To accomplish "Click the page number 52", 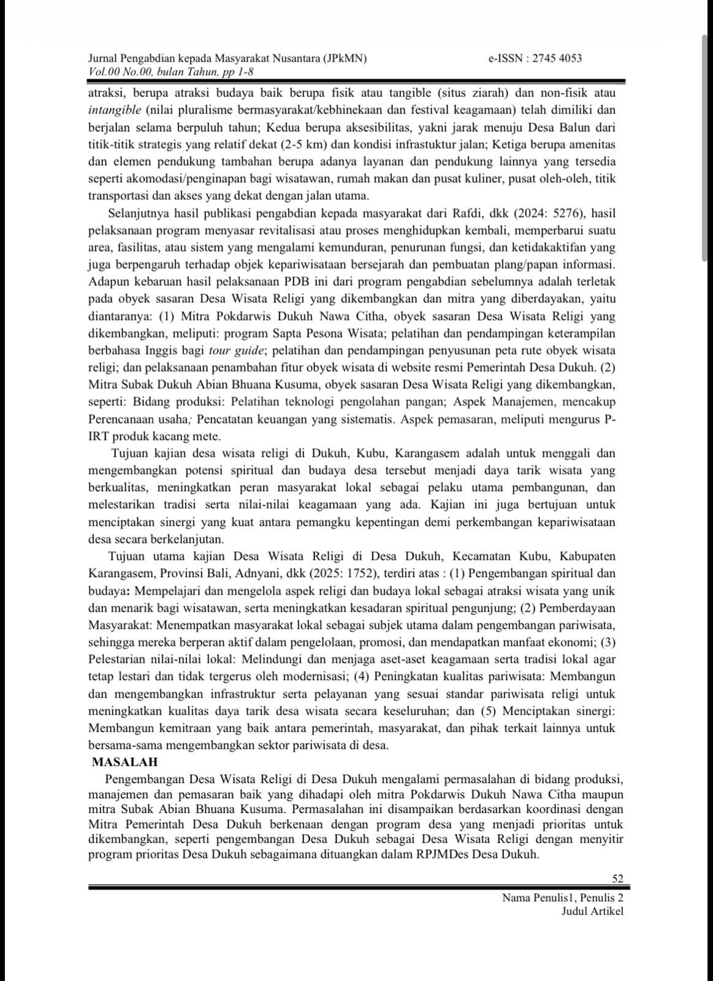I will [x=617, y=879].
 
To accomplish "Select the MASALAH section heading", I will [x=124, y=762].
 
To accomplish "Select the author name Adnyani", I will [x=276, y=574].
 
